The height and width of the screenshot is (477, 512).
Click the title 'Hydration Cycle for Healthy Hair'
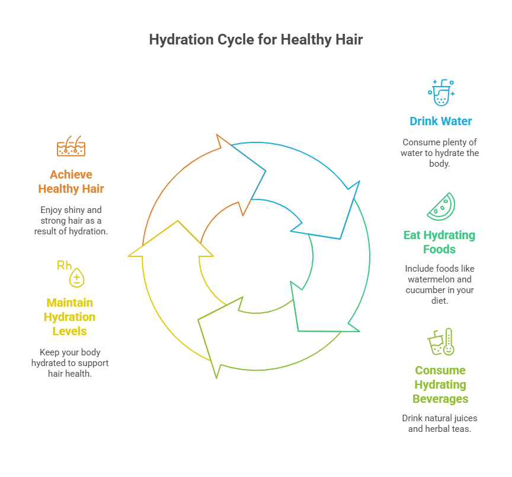click(x=255, y=40)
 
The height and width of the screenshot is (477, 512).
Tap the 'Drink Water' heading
click(x=441, y=121)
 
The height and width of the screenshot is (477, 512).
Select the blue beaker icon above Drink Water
click(x=441, y=93)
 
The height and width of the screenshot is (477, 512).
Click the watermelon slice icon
click(x=441, y=206)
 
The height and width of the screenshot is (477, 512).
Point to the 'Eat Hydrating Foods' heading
click(x=439, y=242)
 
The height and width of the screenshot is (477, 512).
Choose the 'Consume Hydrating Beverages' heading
click(x=440, y=384)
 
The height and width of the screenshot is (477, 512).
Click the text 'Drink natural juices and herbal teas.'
click(x=440, y=423)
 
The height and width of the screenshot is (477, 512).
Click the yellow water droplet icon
click(x=77, y=278)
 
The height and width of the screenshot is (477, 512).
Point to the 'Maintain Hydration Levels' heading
click(x=69, y=317)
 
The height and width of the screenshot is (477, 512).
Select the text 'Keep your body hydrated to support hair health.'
click(x=70, y=362)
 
